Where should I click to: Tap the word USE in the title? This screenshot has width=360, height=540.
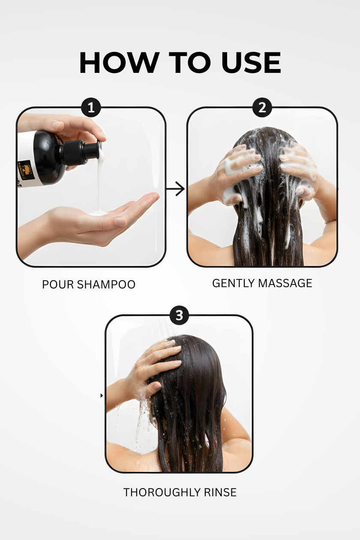(x=251, y=63)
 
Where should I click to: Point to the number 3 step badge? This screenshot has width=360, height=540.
(x=179, y=316)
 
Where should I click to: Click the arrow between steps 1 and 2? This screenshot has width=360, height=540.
(x=176, y=189)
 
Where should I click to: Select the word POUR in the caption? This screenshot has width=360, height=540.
(x=55, y=285)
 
